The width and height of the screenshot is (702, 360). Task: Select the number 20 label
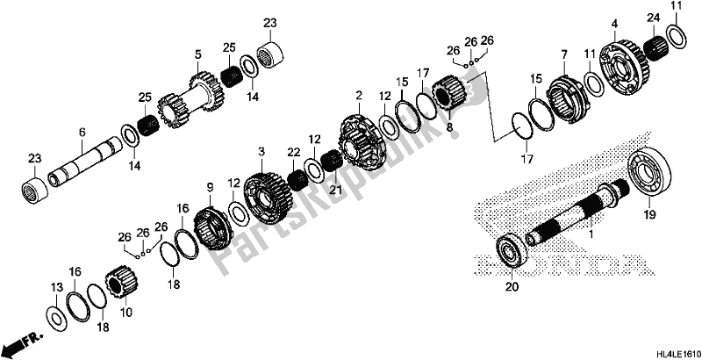click(510, 284)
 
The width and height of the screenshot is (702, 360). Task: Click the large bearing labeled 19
click(649, 176)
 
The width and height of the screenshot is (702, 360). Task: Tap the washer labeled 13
click(54, 314)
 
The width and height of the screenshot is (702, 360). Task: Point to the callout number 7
click(564, 56)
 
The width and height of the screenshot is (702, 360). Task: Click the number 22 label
click(294, 153)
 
